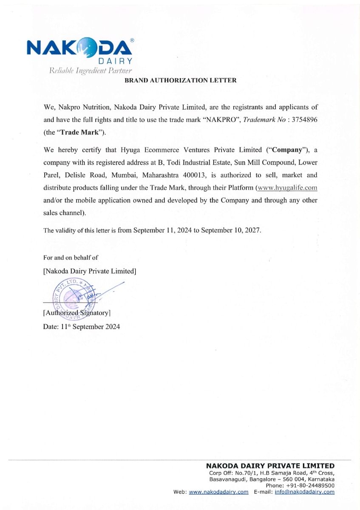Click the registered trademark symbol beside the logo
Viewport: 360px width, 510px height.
point(132,40)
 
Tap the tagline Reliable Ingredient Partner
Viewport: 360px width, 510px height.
point(91,71)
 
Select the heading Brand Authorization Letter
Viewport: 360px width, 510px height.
point(180,80)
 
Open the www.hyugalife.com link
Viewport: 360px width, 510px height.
point(287,188)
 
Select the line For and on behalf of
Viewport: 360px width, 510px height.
point(71,257)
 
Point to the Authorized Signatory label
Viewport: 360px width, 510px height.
point(77,313)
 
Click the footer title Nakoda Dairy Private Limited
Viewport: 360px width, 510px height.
point(270,466)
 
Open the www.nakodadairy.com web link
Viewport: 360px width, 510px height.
point(218,492)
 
